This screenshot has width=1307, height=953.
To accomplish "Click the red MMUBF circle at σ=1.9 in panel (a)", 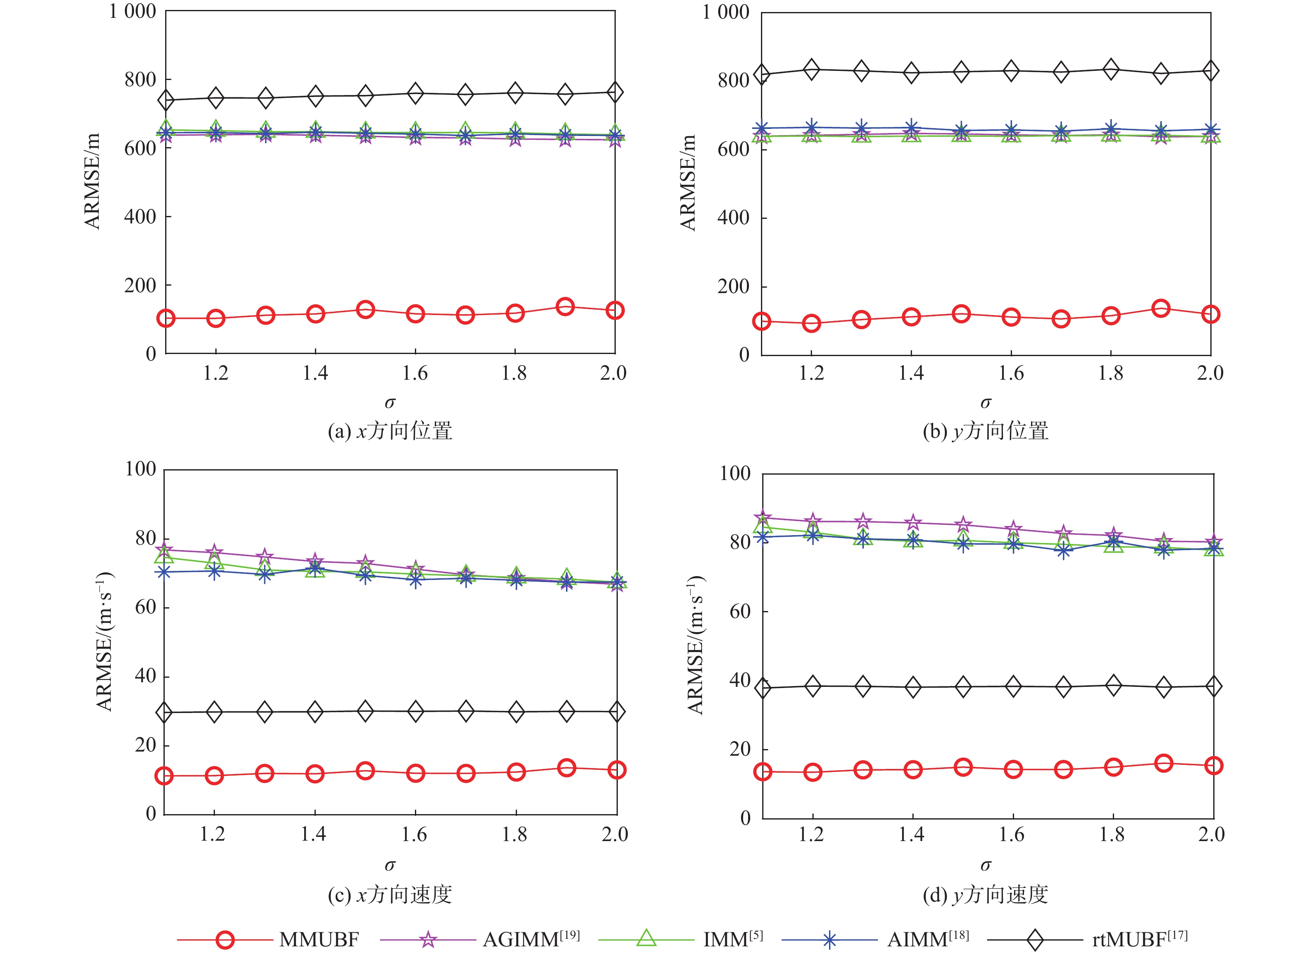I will pyautogui.click(x=565, y=306).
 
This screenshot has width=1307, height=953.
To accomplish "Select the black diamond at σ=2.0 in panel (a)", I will pyautogui.click(x=615, y=92).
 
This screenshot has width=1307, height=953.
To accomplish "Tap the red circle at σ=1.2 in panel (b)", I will pyautogui.click(x=811, y=324).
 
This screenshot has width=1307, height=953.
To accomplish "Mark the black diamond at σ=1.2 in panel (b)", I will pyautogui.click(x=811, y=70).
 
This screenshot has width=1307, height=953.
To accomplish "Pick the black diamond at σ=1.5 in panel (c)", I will pyautogui.click(x=365, y=711).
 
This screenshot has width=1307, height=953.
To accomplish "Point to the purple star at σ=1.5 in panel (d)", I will pyautogui.click(x=962, y=525).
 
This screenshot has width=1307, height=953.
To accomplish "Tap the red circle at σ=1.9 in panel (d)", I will pyautogui.click(x=1163, y=763).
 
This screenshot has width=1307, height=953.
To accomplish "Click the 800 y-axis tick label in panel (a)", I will pyautogui.click(x=140, y=79).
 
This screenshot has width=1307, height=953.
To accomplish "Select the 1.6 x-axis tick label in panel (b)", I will pyautogui.click(x=1011, y=373).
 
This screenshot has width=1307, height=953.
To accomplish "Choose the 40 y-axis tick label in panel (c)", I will pyautogui.click(x=145, y=676).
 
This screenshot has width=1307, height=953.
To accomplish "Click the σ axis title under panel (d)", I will pyautogui.click(x=985, y=865).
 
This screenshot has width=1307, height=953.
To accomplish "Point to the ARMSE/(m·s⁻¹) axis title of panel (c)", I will pyautogui.click(x=105, y=642).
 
